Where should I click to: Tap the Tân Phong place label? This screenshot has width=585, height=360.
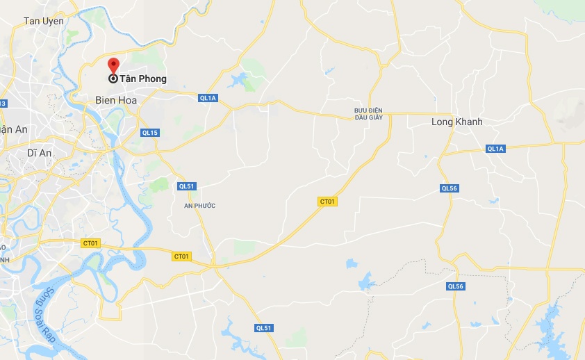click(143, 79)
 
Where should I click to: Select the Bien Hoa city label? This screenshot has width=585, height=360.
click(116, 101)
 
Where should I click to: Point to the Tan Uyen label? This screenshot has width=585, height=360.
click(44, 21)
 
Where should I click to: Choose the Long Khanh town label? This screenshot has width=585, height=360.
click(457, 122)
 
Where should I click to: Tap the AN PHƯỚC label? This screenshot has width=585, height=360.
click(199, 206)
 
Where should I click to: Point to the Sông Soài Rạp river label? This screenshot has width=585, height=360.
click(44, 325)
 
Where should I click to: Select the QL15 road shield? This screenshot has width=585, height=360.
click(150, 132)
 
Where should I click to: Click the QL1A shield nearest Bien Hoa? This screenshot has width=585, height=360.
click(208, 98)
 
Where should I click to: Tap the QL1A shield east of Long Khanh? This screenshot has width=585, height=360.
click(495, 149)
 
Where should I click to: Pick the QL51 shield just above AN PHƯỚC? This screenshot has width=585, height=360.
click(187, 186)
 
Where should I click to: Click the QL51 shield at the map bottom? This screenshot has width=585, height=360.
click(263, 328)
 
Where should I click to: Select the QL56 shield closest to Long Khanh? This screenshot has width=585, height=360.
click(450, 188)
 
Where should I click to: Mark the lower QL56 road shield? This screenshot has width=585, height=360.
click(455, 286)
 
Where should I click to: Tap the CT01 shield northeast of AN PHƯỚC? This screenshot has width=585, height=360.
click(327, 202)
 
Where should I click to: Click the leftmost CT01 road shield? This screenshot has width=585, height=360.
click(90, 243)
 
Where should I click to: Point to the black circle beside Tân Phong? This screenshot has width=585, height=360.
click(113, 79)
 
